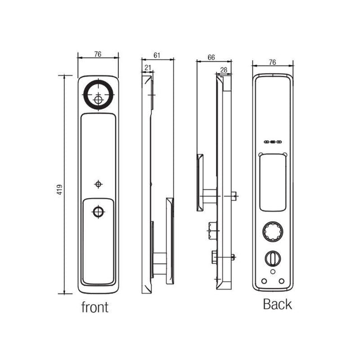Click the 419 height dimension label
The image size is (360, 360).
point(60,190)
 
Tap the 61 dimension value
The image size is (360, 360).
point(157,55)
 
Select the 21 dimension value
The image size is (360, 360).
point(148,68)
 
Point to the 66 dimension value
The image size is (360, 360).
point(211,57)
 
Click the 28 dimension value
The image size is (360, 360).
point(223,70)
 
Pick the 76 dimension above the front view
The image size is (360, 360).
point(98,54)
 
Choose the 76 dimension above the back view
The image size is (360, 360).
point(272,62)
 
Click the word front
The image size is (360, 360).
point(95,307)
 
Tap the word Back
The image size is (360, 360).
point(277,304)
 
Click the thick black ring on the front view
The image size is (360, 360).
point(98,94)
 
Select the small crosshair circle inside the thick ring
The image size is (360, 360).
point(98,100)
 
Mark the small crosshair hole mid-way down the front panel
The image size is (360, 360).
point(98,184)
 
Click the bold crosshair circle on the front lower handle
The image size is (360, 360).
point(98,212)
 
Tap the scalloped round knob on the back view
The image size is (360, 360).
point(272,232)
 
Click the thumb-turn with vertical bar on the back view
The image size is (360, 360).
point(273,258)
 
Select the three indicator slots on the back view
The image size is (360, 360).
point(272,142)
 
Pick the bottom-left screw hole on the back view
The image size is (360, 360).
point(264,281)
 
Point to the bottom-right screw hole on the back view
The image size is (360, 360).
point(281,281)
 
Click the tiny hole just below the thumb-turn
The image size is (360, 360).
point(273,272)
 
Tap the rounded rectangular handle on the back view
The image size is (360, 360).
point(273,183)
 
